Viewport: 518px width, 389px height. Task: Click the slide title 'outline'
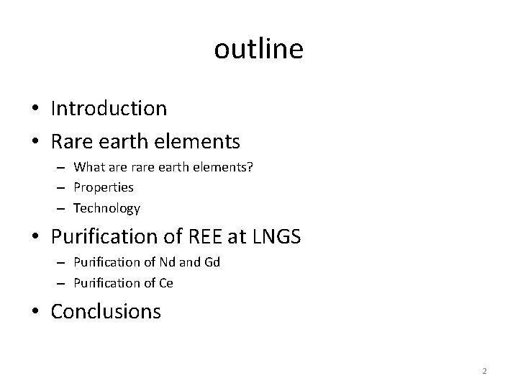(x=259, y=50)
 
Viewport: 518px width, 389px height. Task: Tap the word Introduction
(x=109, y=109)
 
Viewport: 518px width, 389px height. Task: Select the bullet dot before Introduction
(x=35, y=109)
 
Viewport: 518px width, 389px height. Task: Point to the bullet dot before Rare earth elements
(x=35, y=140)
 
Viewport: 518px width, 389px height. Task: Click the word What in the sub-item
(x=90, y=167)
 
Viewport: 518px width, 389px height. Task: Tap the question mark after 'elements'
(x=250, y=167)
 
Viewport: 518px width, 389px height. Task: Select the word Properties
(x=104, y=187)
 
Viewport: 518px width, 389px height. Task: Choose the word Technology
(x=106, y=208)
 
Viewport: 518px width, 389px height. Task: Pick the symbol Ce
(x=165, y=283)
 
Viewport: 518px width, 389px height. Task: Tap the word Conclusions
(x=106, y=312)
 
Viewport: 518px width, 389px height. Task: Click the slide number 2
(x=484, y=371)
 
